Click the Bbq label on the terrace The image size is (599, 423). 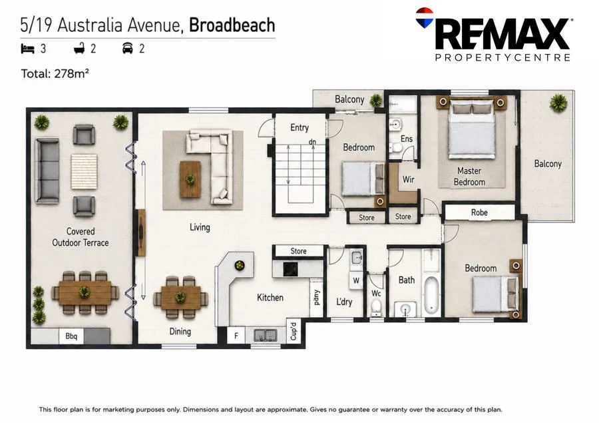click(x=71, y=336)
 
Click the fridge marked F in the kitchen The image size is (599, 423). click(x=236, y=336)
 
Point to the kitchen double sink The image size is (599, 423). click(x=266, y=336)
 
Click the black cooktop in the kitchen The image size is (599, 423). click(x=290, y=269)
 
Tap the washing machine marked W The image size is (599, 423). click(x=356, y=280)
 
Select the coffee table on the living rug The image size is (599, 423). click(x=190, y=179)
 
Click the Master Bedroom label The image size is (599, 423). click(x=469, y=177)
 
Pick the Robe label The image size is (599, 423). click(x=479, y=212)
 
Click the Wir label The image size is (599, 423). click(x=408, y=179)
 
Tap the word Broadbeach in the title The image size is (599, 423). click(x=232, y=25)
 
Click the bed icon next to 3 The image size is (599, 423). click(x=27, y=49)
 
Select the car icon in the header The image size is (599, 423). click(x=128, y=49)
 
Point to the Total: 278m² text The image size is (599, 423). click(x=55, y=73)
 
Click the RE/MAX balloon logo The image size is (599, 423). click(x=425, y=17)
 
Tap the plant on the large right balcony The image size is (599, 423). click(x=558, y=103)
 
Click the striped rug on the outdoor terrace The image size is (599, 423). click(x=84, y=171)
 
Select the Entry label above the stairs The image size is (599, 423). click(x=299, y=127)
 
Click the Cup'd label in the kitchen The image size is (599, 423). click(x=294, y=332)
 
